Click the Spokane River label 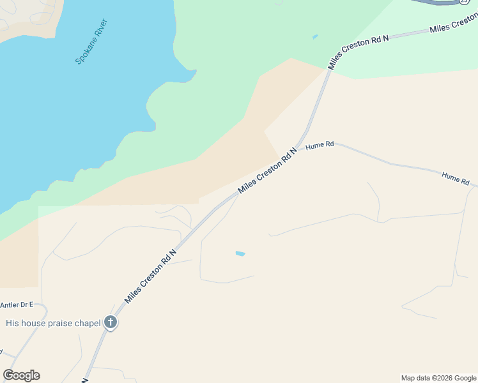coord(92,42)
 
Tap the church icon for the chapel coord(111,322)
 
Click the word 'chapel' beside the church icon coord(88,323)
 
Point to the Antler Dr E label coord(17,305)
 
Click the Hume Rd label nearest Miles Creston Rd coord(320,146)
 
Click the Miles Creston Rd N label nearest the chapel coord(150,277)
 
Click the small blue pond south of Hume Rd coord(240,254)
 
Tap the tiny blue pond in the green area coord(315,37)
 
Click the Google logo coord(21,375)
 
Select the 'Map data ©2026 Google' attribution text coord(439,378)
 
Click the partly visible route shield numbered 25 coord(465,3)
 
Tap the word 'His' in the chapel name coord(12,323)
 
